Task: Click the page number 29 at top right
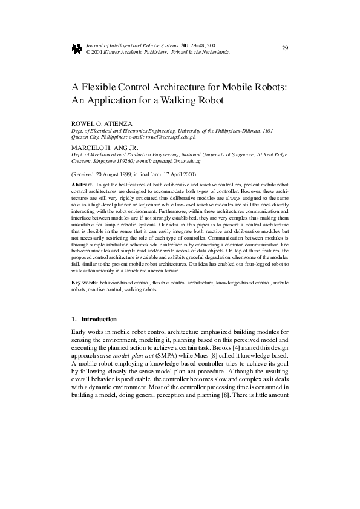[284, 48]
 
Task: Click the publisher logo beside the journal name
[77, 48]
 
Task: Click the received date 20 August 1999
[116, 174]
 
